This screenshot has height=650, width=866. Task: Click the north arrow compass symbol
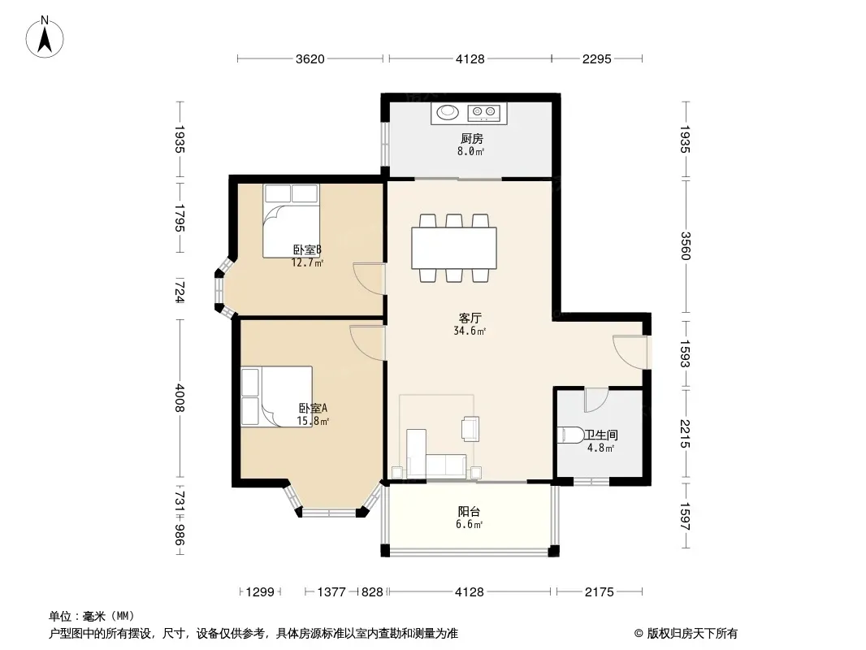(45, 37)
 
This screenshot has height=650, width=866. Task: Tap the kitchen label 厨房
(472, 139)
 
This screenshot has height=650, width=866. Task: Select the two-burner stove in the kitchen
(484, 113)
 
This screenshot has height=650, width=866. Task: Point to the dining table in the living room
(454, 248)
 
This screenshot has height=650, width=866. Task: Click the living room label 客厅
(470, 318)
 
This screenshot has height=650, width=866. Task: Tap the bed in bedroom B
(291, 221)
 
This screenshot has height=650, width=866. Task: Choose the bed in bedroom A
(277, 396)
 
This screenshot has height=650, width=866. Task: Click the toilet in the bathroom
(570, 435)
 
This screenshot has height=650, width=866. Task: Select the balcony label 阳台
(469, 511)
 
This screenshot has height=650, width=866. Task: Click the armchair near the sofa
(470, 429)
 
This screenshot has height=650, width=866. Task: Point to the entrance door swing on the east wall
(630, 352)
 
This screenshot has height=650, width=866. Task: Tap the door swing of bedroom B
(369, 279)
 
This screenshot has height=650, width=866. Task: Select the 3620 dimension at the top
(310, 58)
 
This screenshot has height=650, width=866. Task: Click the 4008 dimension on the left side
(179, 397)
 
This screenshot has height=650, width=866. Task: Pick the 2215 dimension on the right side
(685, 434)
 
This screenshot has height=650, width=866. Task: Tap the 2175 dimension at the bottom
(600, 592)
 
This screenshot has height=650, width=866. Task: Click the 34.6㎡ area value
(470, 331)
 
